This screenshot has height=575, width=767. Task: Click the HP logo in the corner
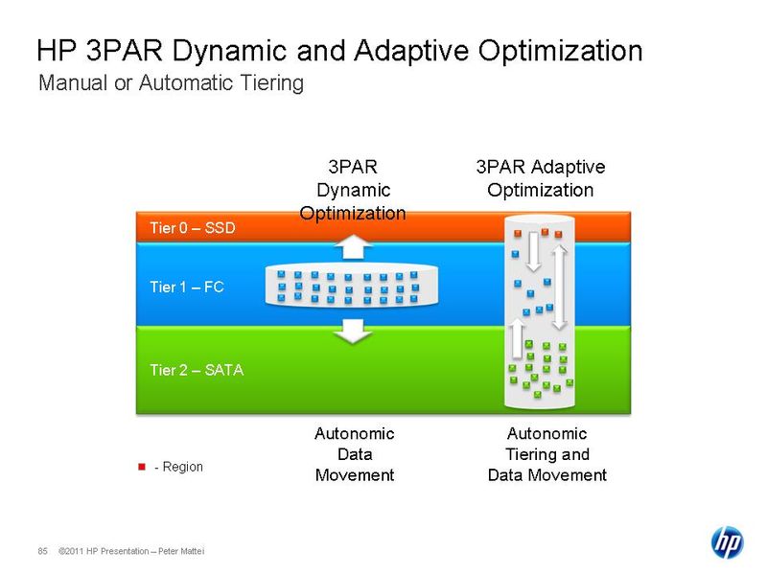tap(727, 541)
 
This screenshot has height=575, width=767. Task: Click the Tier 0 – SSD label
tap(192, 228)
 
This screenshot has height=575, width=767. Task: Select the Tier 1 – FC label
tap(187, 286)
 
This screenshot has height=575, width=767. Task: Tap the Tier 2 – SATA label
tap(197, 369)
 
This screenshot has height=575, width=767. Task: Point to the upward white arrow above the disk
tap(355, 247)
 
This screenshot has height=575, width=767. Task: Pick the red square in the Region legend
tap(142, 467)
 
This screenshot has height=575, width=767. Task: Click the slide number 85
tap(42, 550)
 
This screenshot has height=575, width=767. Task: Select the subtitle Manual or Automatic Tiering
tap(171, 83)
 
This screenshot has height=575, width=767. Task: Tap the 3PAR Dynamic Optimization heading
tap(353, 190)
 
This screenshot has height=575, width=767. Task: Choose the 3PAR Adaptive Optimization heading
tap(540, 178)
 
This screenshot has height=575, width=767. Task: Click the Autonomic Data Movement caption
tap(354, 454)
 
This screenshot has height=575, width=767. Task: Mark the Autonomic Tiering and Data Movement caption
tap(546, 454)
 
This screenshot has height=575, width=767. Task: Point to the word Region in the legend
tap(183, 467)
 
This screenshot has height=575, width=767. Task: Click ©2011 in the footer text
tap(70, 551)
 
